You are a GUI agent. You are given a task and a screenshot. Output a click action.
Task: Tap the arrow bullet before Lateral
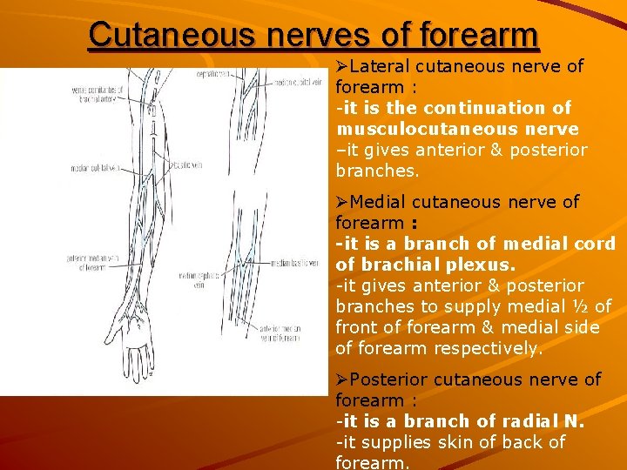click(342, 66)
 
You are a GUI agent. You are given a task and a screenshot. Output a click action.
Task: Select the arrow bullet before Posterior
click(342, 379)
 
